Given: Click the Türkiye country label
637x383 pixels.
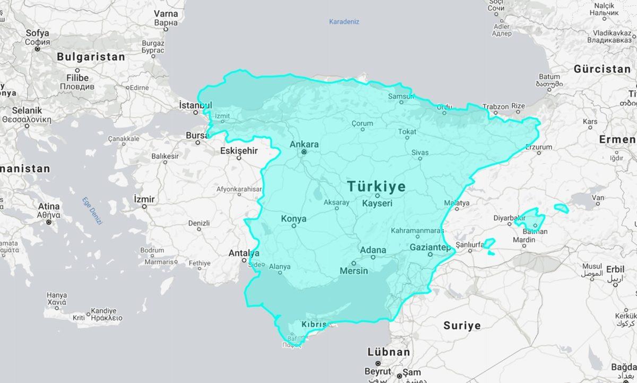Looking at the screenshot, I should point(376,186).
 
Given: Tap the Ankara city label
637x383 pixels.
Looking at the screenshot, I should point(304,144).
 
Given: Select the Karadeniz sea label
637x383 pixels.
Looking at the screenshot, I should point(344,22).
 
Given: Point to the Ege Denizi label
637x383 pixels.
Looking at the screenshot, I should point(91,211).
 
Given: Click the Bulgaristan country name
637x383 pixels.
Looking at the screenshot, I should point(91,57).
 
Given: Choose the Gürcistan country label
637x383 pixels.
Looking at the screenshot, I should point(601,69).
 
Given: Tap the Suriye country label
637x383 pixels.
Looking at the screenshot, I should point(462,326).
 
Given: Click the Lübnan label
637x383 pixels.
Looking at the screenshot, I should point(389,352).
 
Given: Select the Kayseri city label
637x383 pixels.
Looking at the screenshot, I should point(377,203).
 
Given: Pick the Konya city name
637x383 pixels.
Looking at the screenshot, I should point(294,218).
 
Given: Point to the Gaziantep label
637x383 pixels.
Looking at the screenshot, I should point(430,248).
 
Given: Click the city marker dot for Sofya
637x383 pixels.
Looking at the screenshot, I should point(37,49).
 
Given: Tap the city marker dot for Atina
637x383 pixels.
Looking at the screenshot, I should point(48,222).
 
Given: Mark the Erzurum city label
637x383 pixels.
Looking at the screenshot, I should point(539,147).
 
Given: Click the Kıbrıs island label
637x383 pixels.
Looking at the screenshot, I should point(313,324).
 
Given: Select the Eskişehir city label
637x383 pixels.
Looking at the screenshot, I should point(239,151).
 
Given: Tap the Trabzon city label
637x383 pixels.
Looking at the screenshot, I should point(495,106).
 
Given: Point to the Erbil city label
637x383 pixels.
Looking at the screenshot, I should point(615,269).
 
